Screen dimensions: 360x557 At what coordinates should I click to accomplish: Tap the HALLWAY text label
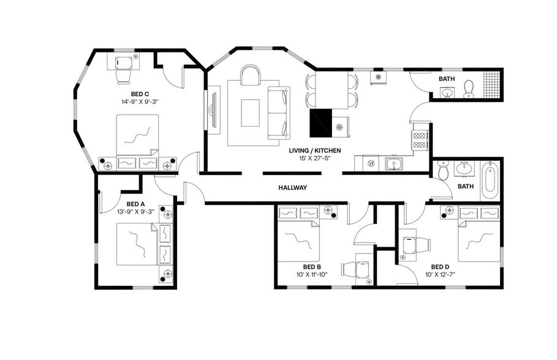click(292, 187)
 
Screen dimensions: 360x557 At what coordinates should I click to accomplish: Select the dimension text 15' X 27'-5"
click(315, 158)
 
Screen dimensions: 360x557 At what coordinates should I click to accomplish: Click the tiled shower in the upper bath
click(491, 85)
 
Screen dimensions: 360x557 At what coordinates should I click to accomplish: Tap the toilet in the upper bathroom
click(469, 89)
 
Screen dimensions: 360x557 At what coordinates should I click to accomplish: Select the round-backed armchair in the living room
click(250, 76)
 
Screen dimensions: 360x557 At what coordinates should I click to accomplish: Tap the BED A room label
click(135, 204)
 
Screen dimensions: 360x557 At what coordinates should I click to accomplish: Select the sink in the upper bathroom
click(447, 93)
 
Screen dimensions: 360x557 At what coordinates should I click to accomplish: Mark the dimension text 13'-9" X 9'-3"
click(135, 212)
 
